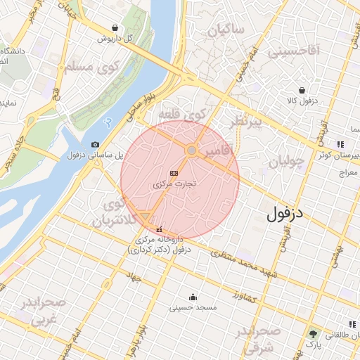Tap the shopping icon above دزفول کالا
pyautogui.click(x=302, y=91)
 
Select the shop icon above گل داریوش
pyautogui.click(x=114, y=28)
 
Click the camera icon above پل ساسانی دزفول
pyautogui.click(x=95, y=145)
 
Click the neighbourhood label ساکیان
pyautogui.click(x=226, y=30)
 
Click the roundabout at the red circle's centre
pyautogui.click(x=191, y=150)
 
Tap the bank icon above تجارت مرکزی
pyautogui.click(x=174, y=173)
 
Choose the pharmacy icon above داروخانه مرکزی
pyautogui.click(x=159, y=229)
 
